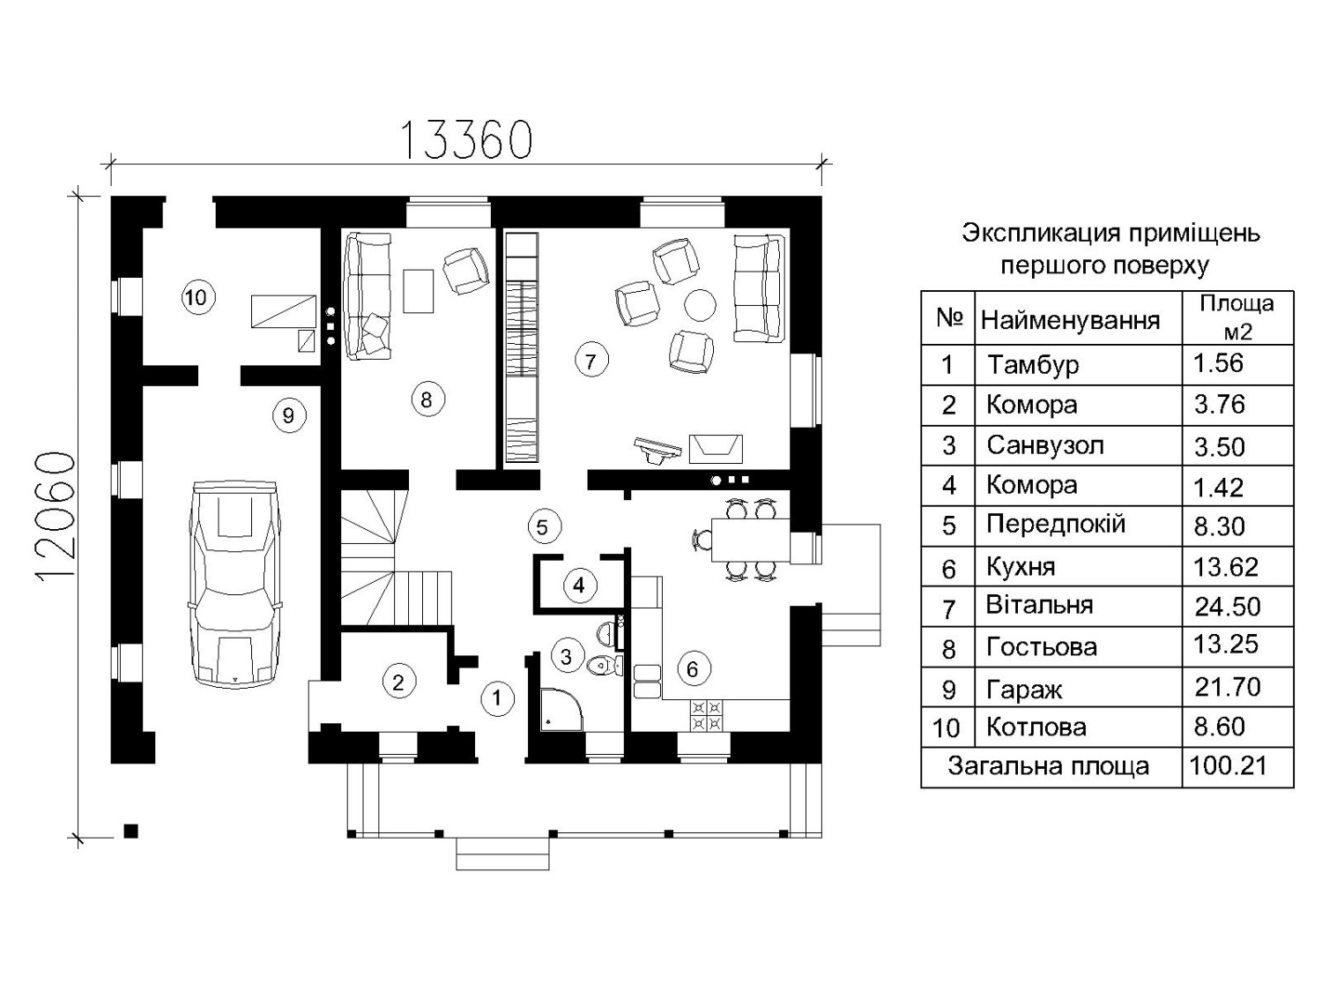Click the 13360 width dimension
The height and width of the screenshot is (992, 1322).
point(465,139)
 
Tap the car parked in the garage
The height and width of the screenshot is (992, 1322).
point(234,583)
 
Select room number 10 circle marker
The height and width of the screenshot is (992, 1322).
point(197,297)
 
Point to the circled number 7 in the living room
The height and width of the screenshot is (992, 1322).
point(590,360)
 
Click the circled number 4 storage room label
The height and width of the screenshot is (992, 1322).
point(579,585)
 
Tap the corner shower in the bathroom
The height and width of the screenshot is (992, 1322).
point(561,710)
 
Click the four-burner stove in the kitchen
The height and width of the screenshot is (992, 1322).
point(706,714)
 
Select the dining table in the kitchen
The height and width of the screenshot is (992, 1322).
point(750,540)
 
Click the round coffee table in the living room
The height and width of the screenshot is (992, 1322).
point(701,305)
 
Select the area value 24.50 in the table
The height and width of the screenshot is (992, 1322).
point(1228,607)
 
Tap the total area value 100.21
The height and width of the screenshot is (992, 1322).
point(1229,765)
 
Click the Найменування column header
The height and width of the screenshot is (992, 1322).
point(1070,320)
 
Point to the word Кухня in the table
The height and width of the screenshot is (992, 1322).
point(1021,567)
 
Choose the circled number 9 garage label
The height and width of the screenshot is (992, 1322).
point(289,415)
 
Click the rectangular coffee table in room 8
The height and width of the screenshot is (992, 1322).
point(419,291)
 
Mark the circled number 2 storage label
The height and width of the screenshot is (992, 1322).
point(398,682)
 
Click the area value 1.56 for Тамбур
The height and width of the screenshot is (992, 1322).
point(1219,363)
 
